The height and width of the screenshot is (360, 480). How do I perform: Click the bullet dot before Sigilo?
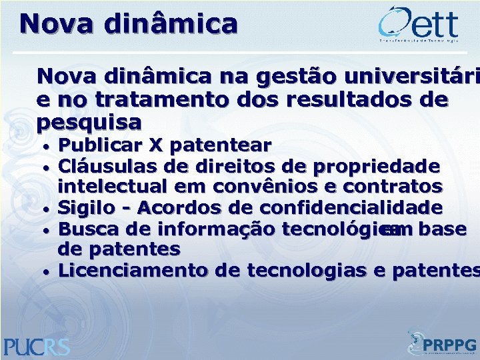coord(47,209)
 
